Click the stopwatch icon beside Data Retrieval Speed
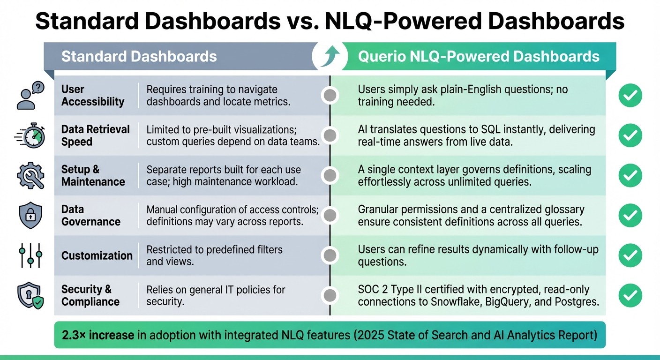tap(30, 135)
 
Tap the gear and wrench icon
tap(30, 176)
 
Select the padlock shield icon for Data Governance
tap(30, 216)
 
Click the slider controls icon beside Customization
tap(30, 255)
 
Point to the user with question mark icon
tap(30, 95)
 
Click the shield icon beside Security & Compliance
tap(30, 296)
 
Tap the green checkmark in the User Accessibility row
tap(630, 95)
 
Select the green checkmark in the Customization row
tap(630, 255)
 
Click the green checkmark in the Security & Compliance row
tap(630, 296)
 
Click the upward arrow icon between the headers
tap(330, 57)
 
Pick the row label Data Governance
tap(90, 216)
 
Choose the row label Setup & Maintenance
tap(93, 175)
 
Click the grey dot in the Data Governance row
tap(330, 216)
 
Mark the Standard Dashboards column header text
tap(139, 57)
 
